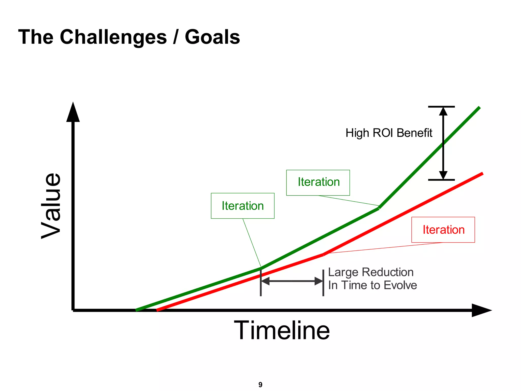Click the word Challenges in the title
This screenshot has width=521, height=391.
(x=113, y=37)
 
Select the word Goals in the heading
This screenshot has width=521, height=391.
(x=212, y=37)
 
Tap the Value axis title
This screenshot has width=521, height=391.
(x=52, y=206)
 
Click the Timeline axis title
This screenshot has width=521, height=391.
(x=282, y=330)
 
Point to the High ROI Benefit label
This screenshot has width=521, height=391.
(x=389, y=133)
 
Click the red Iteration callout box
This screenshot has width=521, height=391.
(x=443, y=230)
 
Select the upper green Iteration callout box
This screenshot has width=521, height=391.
(x=318, y=183)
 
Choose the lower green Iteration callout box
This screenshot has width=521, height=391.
(x=242, y=206)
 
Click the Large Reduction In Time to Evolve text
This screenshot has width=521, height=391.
(x=372, y=279)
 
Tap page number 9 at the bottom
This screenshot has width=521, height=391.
(x=260, y=385)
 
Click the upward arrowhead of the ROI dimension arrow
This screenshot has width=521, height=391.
(x=443, y=111)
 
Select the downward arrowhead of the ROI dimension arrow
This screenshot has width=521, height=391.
(x=443, y=175)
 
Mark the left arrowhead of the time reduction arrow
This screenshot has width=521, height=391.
(x=265, y=281)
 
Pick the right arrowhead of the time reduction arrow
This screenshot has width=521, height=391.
(x=319, y=281)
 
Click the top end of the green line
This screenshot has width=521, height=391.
(x=479, y=108)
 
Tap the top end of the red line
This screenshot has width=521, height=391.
(x=482, y=174)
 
